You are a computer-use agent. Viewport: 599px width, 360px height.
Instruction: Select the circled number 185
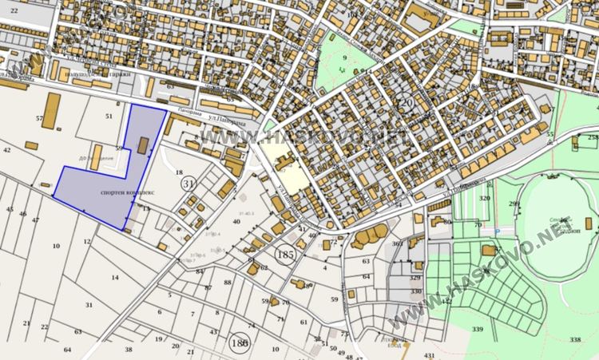[x=284, y=255]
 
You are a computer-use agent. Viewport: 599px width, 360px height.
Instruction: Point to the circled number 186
[x=238, y=341]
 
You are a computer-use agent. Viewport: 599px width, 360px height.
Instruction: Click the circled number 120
[x=405, y=105]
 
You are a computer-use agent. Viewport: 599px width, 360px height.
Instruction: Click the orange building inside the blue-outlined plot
[x=144, y=144]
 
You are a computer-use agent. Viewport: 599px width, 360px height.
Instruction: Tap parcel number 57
[x=39, y=118]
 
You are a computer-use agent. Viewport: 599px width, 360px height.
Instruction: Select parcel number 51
[x=109, y=117]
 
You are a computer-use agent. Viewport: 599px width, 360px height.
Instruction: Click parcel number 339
[x=477, y=330]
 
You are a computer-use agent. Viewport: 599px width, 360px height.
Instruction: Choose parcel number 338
[x=575, y=340]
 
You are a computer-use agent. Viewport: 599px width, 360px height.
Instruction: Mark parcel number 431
[x=430, y=354]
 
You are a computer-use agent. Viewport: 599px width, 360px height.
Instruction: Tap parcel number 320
[x=484, y=198]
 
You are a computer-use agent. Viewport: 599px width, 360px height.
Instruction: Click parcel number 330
[x=415, y=292]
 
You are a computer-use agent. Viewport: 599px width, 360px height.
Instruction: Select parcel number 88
[x=228, y=283]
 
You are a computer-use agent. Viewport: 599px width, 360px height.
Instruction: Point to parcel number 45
[x=10, y=210]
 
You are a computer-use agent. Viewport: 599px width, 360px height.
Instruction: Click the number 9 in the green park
[x=345, y=57]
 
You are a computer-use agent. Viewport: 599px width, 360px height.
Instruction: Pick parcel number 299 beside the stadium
[x=514, y=204]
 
